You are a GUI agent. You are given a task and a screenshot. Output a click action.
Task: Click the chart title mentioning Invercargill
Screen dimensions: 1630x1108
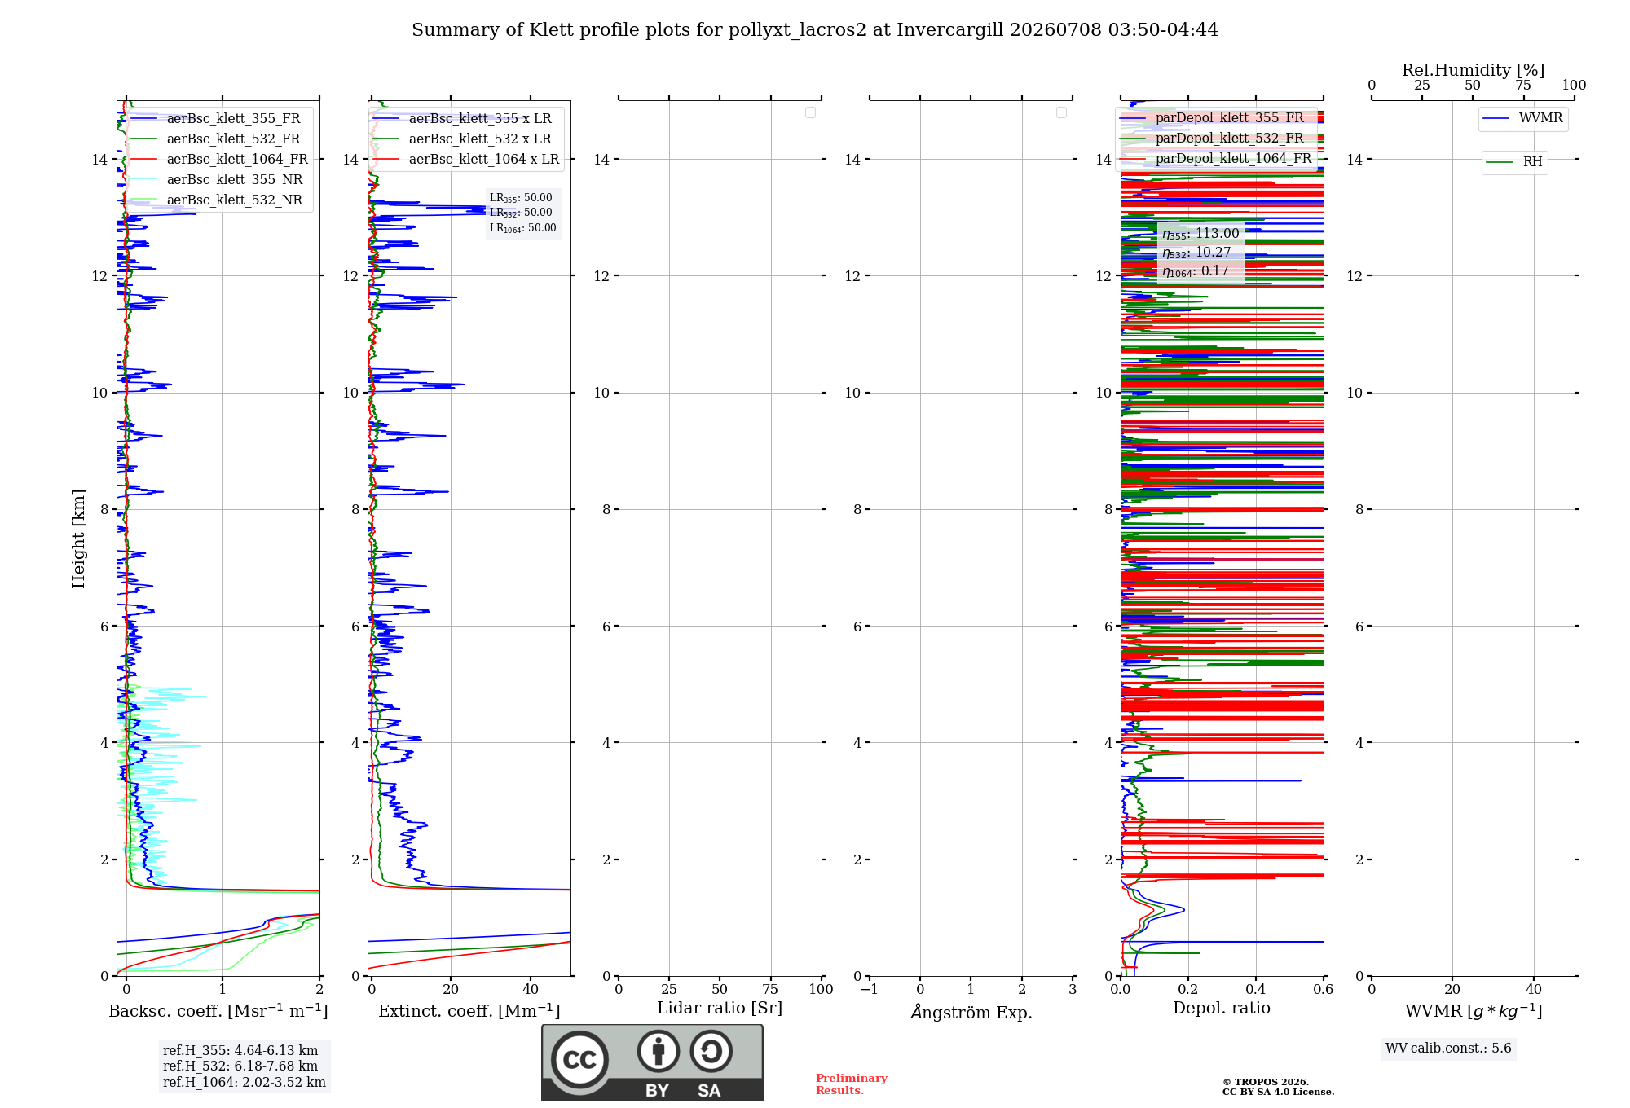coord(815,30)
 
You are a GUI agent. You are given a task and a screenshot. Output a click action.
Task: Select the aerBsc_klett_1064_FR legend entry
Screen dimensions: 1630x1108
coord(219,160)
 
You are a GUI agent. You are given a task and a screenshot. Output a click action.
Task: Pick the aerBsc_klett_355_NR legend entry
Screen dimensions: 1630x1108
coord(217,180)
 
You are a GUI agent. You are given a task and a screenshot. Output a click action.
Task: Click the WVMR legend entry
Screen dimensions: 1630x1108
coord(1522,118)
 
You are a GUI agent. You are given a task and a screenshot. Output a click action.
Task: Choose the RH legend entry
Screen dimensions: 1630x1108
coord(1514,162)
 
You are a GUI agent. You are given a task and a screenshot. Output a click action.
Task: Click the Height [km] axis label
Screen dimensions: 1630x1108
coord(78,539)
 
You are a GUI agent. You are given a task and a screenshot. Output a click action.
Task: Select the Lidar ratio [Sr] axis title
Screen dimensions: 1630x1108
coord(720,1009)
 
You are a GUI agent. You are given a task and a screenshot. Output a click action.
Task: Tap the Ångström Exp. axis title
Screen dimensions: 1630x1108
coord(971,1012)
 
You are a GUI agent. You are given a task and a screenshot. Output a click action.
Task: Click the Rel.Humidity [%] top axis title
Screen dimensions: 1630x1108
coord(1474,70)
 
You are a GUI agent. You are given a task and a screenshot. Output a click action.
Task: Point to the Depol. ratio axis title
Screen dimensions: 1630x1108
coord(1222,1009)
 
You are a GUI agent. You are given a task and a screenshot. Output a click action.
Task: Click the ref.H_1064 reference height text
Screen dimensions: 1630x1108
coord(244,1083)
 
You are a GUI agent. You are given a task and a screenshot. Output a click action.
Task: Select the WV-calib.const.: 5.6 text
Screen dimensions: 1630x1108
coord(1448,1049)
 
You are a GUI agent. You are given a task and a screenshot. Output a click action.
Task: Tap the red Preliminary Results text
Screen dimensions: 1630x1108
coord(852,1084)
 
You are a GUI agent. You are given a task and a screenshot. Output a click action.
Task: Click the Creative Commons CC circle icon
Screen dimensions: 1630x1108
coord(579,1060)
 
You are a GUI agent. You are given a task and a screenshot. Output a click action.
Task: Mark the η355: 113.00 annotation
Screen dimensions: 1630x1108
coord(1200,234)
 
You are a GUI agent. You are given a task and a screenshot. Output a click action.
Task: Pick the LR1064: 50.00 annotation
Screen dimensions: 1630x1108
coord(523,228)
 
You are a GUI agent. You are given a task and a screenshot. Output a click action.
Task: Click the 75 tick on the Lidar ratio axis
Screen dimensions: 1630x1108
coord(770,989)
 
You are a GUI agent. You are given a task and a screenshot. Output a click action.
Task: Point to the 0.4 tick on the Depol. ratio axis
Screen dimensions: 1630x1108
coord(1256,989)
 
